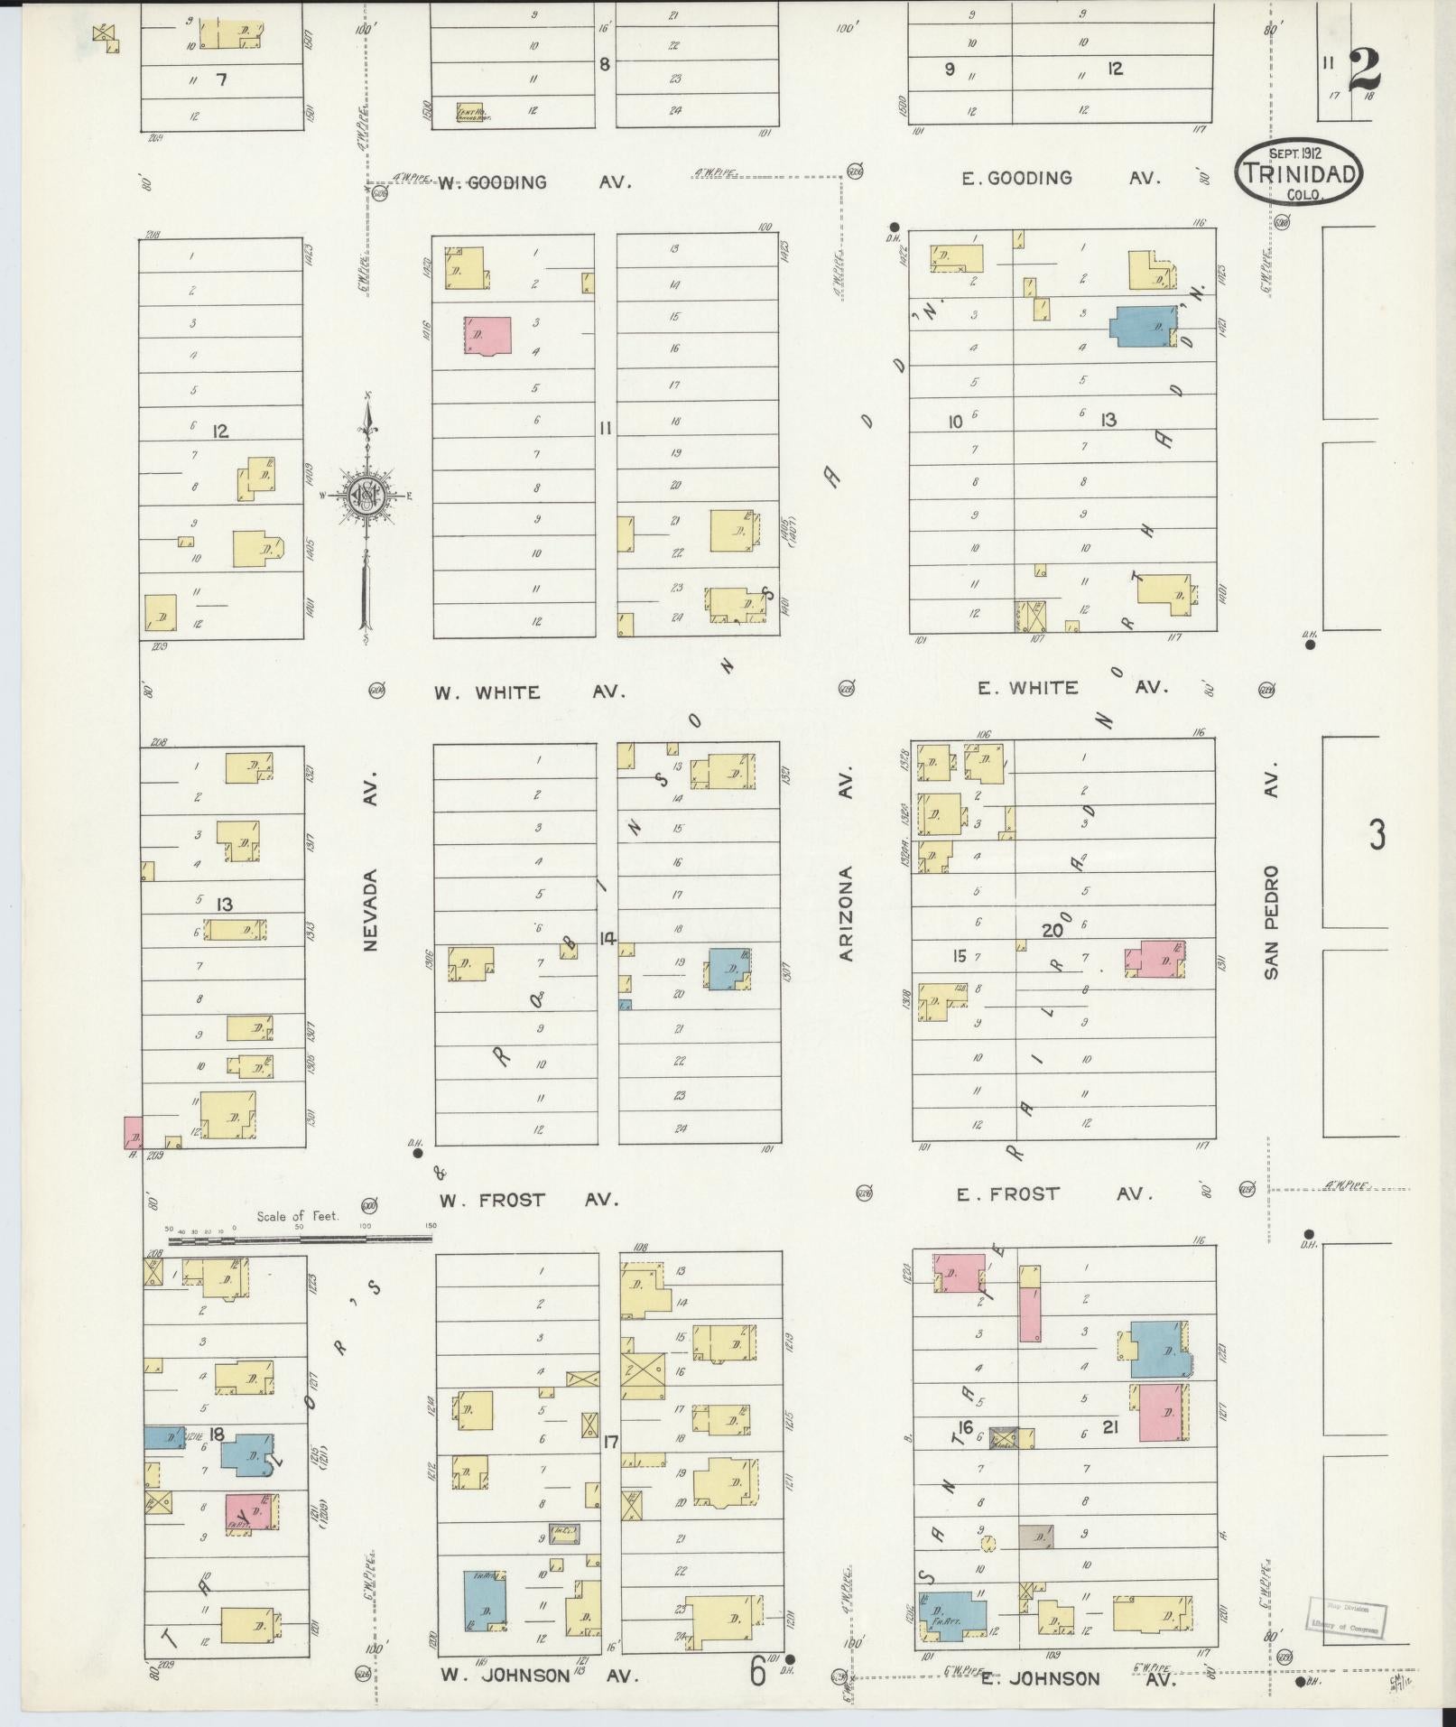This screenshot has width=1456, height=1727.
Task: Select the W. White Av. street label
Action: [x=529, y=692]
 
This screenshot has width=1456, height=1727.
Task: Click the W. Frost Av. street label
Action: [x=529, y=1200]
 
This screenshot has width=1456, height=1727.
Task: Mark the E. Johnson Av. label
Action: [x=1069, y=1678]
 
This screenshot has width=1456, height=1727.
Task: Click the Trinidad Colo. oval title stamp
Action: [x=1299, y=172]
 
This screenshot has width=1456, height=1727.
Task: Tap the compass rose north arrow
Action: [x=367, y=495]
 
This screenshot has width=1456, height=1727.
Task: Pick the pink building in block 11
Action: [x=487, y=335]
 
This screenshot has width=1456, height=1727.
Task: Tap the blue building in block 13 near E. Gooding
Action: [x=1142, y=326]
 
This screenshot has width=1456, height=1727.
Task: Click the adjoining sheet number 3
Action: [x=1377, y=835]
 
